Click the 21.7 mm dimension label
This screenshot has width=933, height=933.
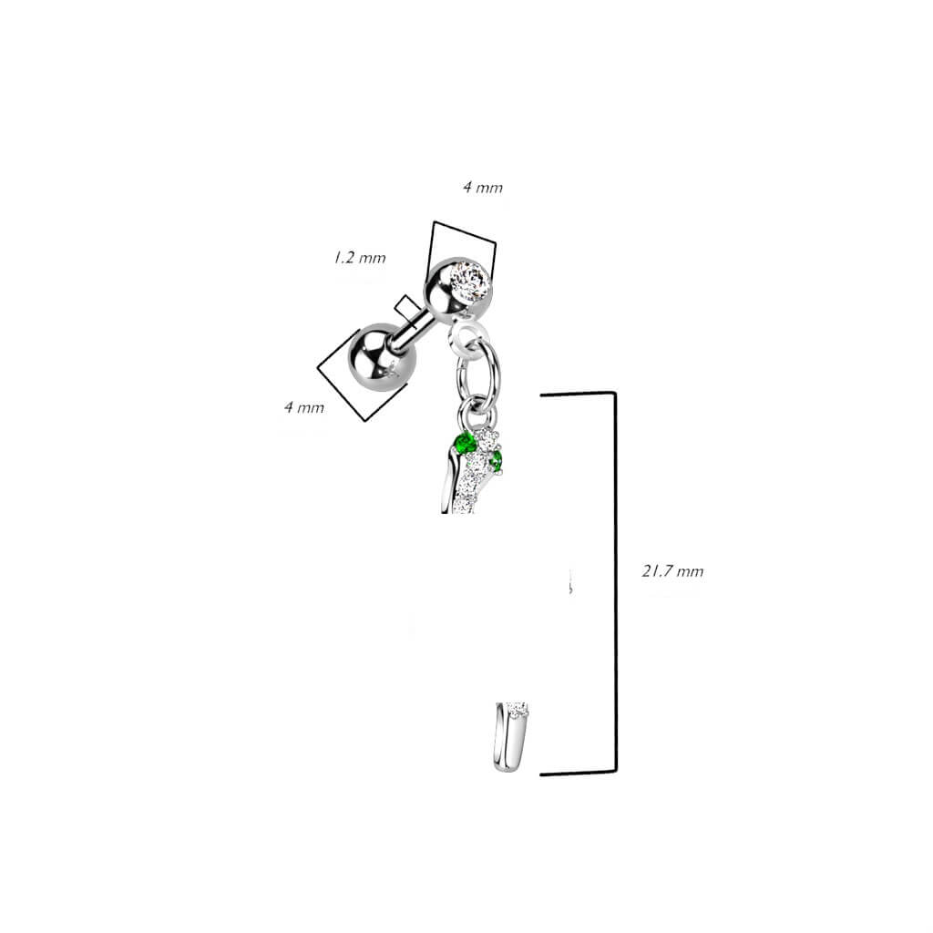(x=672, y=571)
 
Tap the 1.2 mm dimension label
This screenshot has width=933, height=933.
(x=359, y=258)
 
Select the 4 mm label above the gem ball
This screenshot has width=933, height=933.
(x=483, y=188)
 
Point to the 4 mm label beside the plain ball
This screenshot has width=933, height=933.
(x=304, y=407)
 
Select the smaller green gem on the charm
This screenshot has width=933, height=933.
(x=496, y=459)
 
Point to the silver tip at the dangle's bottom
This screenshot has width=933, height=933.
(x=510, y=738)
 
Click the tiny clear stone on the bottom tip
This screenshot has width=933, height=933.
(x=518, y=709)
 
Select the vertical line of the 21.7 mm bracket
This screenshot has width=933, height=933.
(x=615, y=582)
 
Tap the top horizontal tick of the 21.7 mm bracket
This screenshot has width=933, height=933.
(x=577, y=394)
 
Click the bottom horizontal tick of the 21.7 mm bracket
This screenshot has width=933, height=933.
(x=577, y=773)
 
